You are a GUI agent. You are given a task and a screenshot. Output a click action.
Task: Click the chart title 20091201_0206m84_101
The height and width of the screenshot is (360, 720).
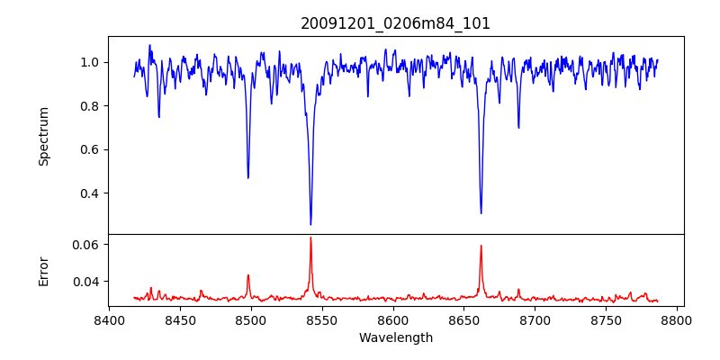click(x=395, y=23)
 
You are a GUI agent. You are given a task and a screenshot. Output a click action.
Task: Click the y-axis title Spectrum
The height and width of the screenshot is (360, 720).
click(x=43, y=136)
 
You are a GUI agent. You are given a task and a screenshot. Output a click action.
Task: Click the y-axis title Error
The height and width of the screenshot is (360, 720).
click(x=43, y=270)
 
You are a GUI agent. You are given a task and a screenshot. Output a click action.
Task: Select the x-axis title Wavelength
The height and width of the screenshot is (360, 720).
click(x=395, y=338)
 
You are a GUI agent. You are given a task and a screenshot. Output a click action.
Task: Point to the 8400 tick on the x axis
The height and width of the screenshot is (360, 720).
click(x=109, y=319)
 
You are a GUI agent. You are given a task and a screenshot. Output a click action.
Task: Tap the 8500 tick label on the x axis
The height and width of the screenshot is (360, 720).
click(x=251, y=319)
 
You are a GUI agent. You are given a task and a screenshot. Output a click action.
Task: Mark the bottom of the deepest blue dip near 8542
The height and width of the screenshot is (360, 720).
click(x=310, y=224)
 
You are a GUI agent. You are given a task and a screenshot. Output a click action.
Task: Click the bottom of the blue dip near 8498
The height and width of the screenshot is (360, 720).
click(x=248, y=177)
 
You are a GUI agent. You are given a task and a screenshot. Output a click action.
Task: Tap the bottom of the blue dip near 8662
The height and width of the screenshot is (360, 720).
click(x=481, y=213)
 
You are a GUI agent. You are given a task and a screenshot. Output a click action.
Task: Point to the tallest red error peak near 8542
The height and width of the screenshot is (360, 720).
click(x=310, y=238)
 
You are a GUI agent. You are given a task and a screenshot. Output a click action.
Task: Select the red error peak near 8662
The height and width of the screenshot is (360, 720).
click(x=481, y=246)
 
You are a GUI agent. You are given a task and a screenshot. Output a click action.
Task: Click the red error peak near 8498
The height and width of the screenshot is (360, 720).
click(x=248, y=275)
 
